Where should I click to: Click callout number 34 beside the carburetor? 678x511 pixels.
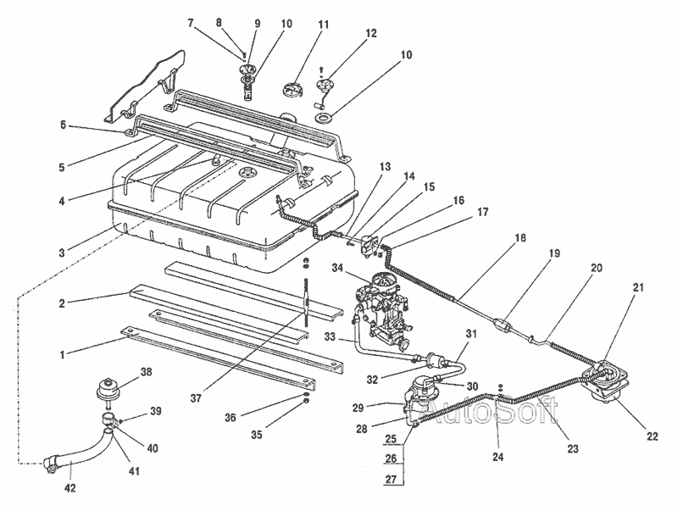coord(337,269)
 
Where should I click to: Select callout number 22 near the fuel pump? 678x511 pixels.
coord(652,436)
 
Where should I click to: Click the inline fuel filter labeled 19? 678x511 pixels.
coord(502,324)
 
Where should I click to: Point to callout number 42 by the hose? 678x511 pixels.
coord(70,488)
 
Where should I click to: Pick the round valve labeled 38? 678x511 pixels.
coord(108,389)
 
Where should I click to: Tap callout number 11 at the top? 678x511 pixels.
coord(324,25)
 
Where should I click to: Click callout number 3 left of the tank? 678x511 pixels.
coord(62,253)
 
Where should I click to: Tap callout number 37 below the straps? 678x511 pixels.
coord(196,398)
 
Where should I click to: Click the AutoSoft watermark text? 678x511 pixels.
coord(489,411)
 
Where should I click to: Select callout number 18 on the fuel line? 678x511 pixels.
coord(521,237)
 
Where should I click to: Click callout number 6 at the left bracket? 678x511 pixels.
coord(63,125)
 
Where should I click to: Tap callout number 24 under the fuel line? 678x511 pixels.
coord(498,457)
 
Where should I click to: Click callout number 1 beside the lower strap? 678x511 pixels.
coord(62,355)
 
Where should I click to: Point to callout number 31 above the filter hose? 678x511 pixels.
coord(471,333)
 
